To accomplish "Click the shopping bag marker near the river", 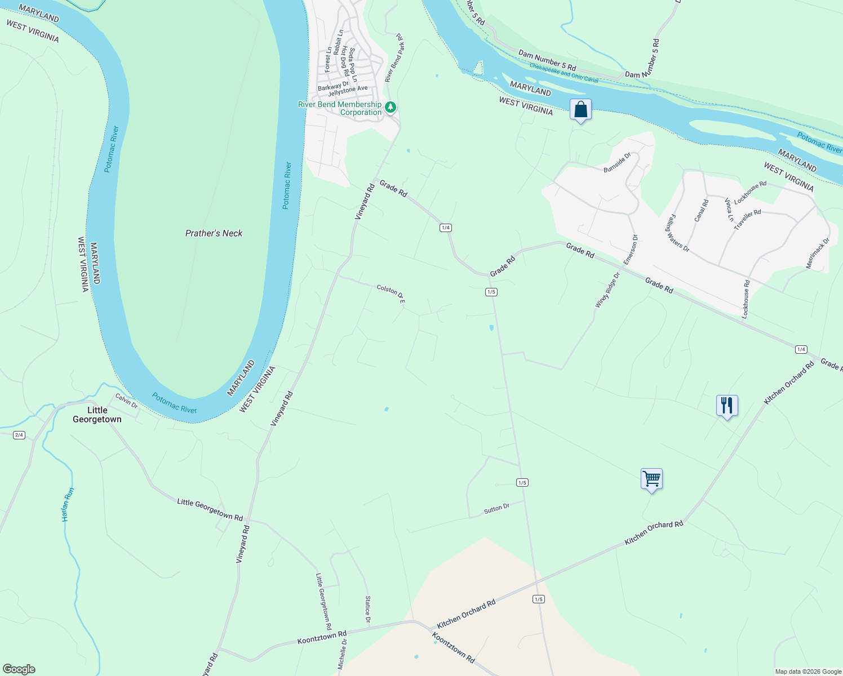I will click(580, 110).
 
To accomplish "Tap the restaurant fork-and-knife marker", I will click(727, 405).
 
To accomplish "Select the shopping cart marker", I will click(651, 479).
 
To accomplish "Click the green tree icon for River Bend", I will click(391, 106).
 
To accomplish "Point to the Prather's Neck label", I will click(214, 233).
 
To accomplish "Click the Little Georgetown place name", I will click(97, 415).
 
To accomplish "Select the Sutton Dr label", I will click(496, 509).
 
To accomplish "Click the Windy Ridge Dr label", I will click(607, 290).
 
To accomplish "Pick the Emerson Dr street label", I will click(631, 250).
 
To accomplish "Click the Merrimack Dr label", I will click(818, 253).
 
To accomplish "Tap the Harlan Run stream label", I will click(68, 504).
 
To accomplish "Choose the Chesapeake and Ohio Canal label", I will click(564, 72).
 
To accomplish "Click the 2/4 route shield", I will click(19, 435).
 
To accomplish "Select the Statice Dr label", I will click(367, 610).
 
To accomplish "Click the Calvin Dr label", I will click(126, 401).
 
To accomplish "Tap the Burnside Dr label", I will click(617, 162).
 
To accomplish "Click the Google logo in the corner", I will click(19, 669).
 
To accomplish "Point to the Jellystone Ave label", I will click(348, 90).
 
